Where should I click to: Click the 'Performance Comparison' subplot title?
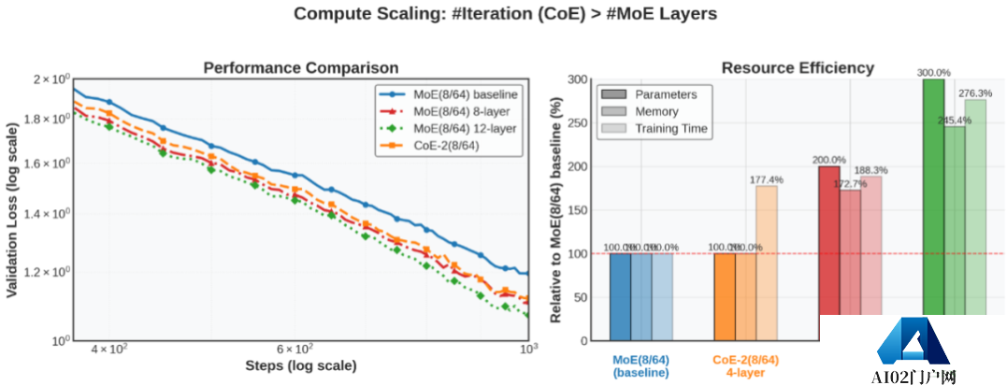tap(301, 68)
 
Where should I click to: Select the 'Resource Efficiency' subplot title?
tap(798, 68)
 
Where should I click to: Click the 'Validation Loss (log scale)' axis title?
tap(14, 210)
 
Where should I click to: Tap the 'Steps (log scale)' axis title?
tap(300, 365)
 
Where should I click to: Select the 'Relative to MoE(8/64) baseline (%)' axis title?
tap(557, 210)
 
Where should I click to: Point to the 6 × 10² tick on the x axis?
tap(296, 349)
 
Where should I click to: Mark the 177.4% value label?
tap(767, 178)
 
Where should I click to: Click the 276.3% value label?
tap(974, 93)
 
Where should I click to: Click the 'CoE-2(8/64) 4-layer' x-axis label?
tap(745, 365)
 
